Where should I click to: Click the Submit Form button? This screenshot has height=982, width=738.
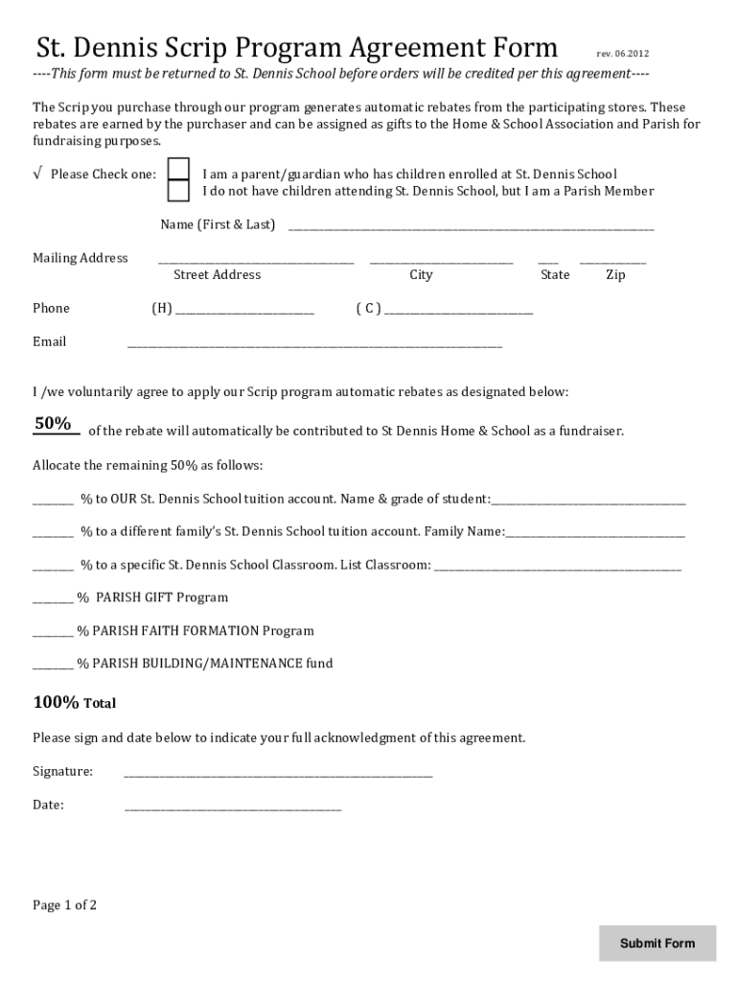(x=657, y=943)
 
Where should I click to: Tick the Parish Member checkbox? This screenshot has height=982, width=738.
(x=178, y=191)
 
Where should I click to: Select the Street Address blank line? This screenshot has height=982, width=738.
(x=255, y=261)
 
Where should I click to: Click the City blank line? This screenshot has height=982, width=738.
(x=441, y=261)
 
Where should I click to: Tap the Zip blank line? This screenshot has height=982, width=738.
(x=612, y=261)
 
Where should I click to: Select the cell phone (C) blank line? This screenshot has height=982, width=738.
(x=458, y=312)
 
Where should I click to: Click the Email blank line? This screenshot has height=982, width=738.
(x=314, y=345)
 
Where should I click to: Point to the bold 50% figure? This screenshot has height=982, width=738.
(x=54, y=424)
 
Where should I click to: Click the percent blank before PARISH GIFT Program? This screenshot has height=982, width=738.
(x=53, y=601)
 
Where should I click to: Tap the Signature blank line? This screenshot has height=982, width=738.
(x=278, y=775)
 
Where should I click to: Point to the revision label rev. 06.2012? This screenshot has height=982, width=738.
(x=622, y=54)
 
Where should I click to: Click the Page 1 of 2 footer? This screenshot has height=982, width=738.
(x=65, y=904)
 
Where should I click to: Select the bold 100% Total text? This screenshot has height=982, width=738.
(x=75, y=703)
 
